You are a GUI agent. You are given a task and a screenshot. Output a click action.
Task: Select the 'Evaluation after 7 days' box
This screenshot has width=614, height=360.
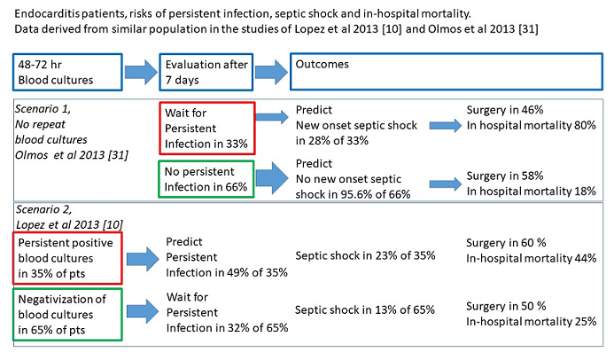(x=206, y=72)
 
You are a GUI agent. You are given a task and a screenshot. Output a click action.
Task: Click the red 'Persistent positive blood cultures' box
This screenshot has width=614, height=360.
(x=65, y=256)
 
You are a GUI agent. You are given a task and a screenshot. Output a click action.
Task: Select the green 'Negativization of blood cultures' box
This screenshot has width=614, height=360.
(x=65, y=312)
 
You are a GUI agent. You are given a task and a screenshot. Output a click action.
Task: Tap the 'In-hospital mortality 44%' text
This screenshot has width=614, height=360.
(x=531, y=256)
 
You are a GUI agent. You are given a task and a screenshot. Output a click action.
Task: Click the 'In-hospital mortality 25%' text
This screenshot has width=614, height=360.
(x=531, y=320)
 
